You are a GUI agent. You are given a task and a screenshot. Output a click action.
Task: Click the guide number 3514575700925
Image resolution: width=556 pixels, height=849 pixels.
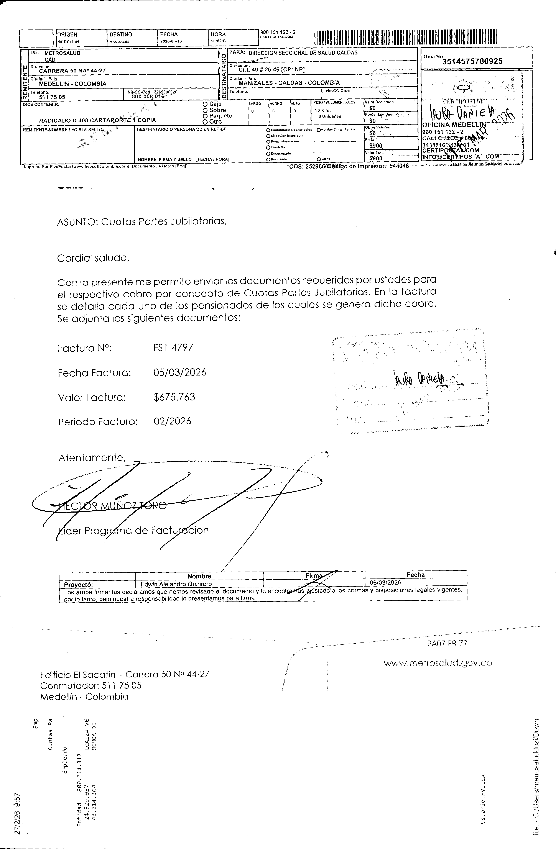click(x=472, y=61)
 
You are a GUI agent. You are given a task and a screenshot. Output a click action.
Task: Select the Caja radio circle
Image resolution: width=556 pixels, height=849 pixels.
click(x=205, y=104)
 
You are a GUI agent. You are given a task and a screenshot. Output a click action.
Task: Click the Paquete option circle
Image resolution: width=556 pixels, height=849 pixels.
click(x=205, y=116)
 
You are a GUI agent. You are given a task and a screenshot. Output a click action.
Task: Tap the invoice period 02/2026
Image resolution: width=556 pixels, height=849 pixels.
click(x=172, y=421)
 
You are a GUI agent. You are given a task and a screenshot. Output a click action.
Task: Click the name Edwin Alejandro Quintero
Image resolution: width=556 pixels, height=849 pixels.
click(x=176, y=584)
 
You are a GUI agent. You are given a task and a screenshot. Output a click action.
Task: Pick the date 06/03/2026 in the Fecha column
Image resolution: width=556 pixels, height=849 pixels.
click(x=385, y=583)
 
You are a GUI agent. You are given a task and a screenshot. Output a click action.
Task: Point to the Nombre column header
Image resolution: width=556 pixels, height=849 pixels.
click(x=199, y=576)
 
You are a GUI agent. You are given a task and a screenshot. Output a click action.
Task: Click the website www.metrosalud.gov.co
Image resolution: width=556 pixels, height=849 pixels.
click(x=438, y=663)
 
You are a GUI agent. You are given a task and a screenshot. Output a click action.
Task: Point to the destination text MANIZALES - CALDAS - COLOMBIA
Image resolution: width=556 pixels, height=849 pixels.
click(x=289, y=83)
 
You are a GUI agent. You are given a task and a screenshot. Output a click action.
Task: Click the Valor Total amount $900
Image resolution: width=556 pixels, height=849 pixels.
click(x=376, y=158)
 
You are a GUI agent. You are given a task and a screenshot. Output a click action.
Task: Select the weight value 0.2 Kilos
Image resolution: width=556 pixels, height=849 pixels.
click(x=323, y=111)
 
